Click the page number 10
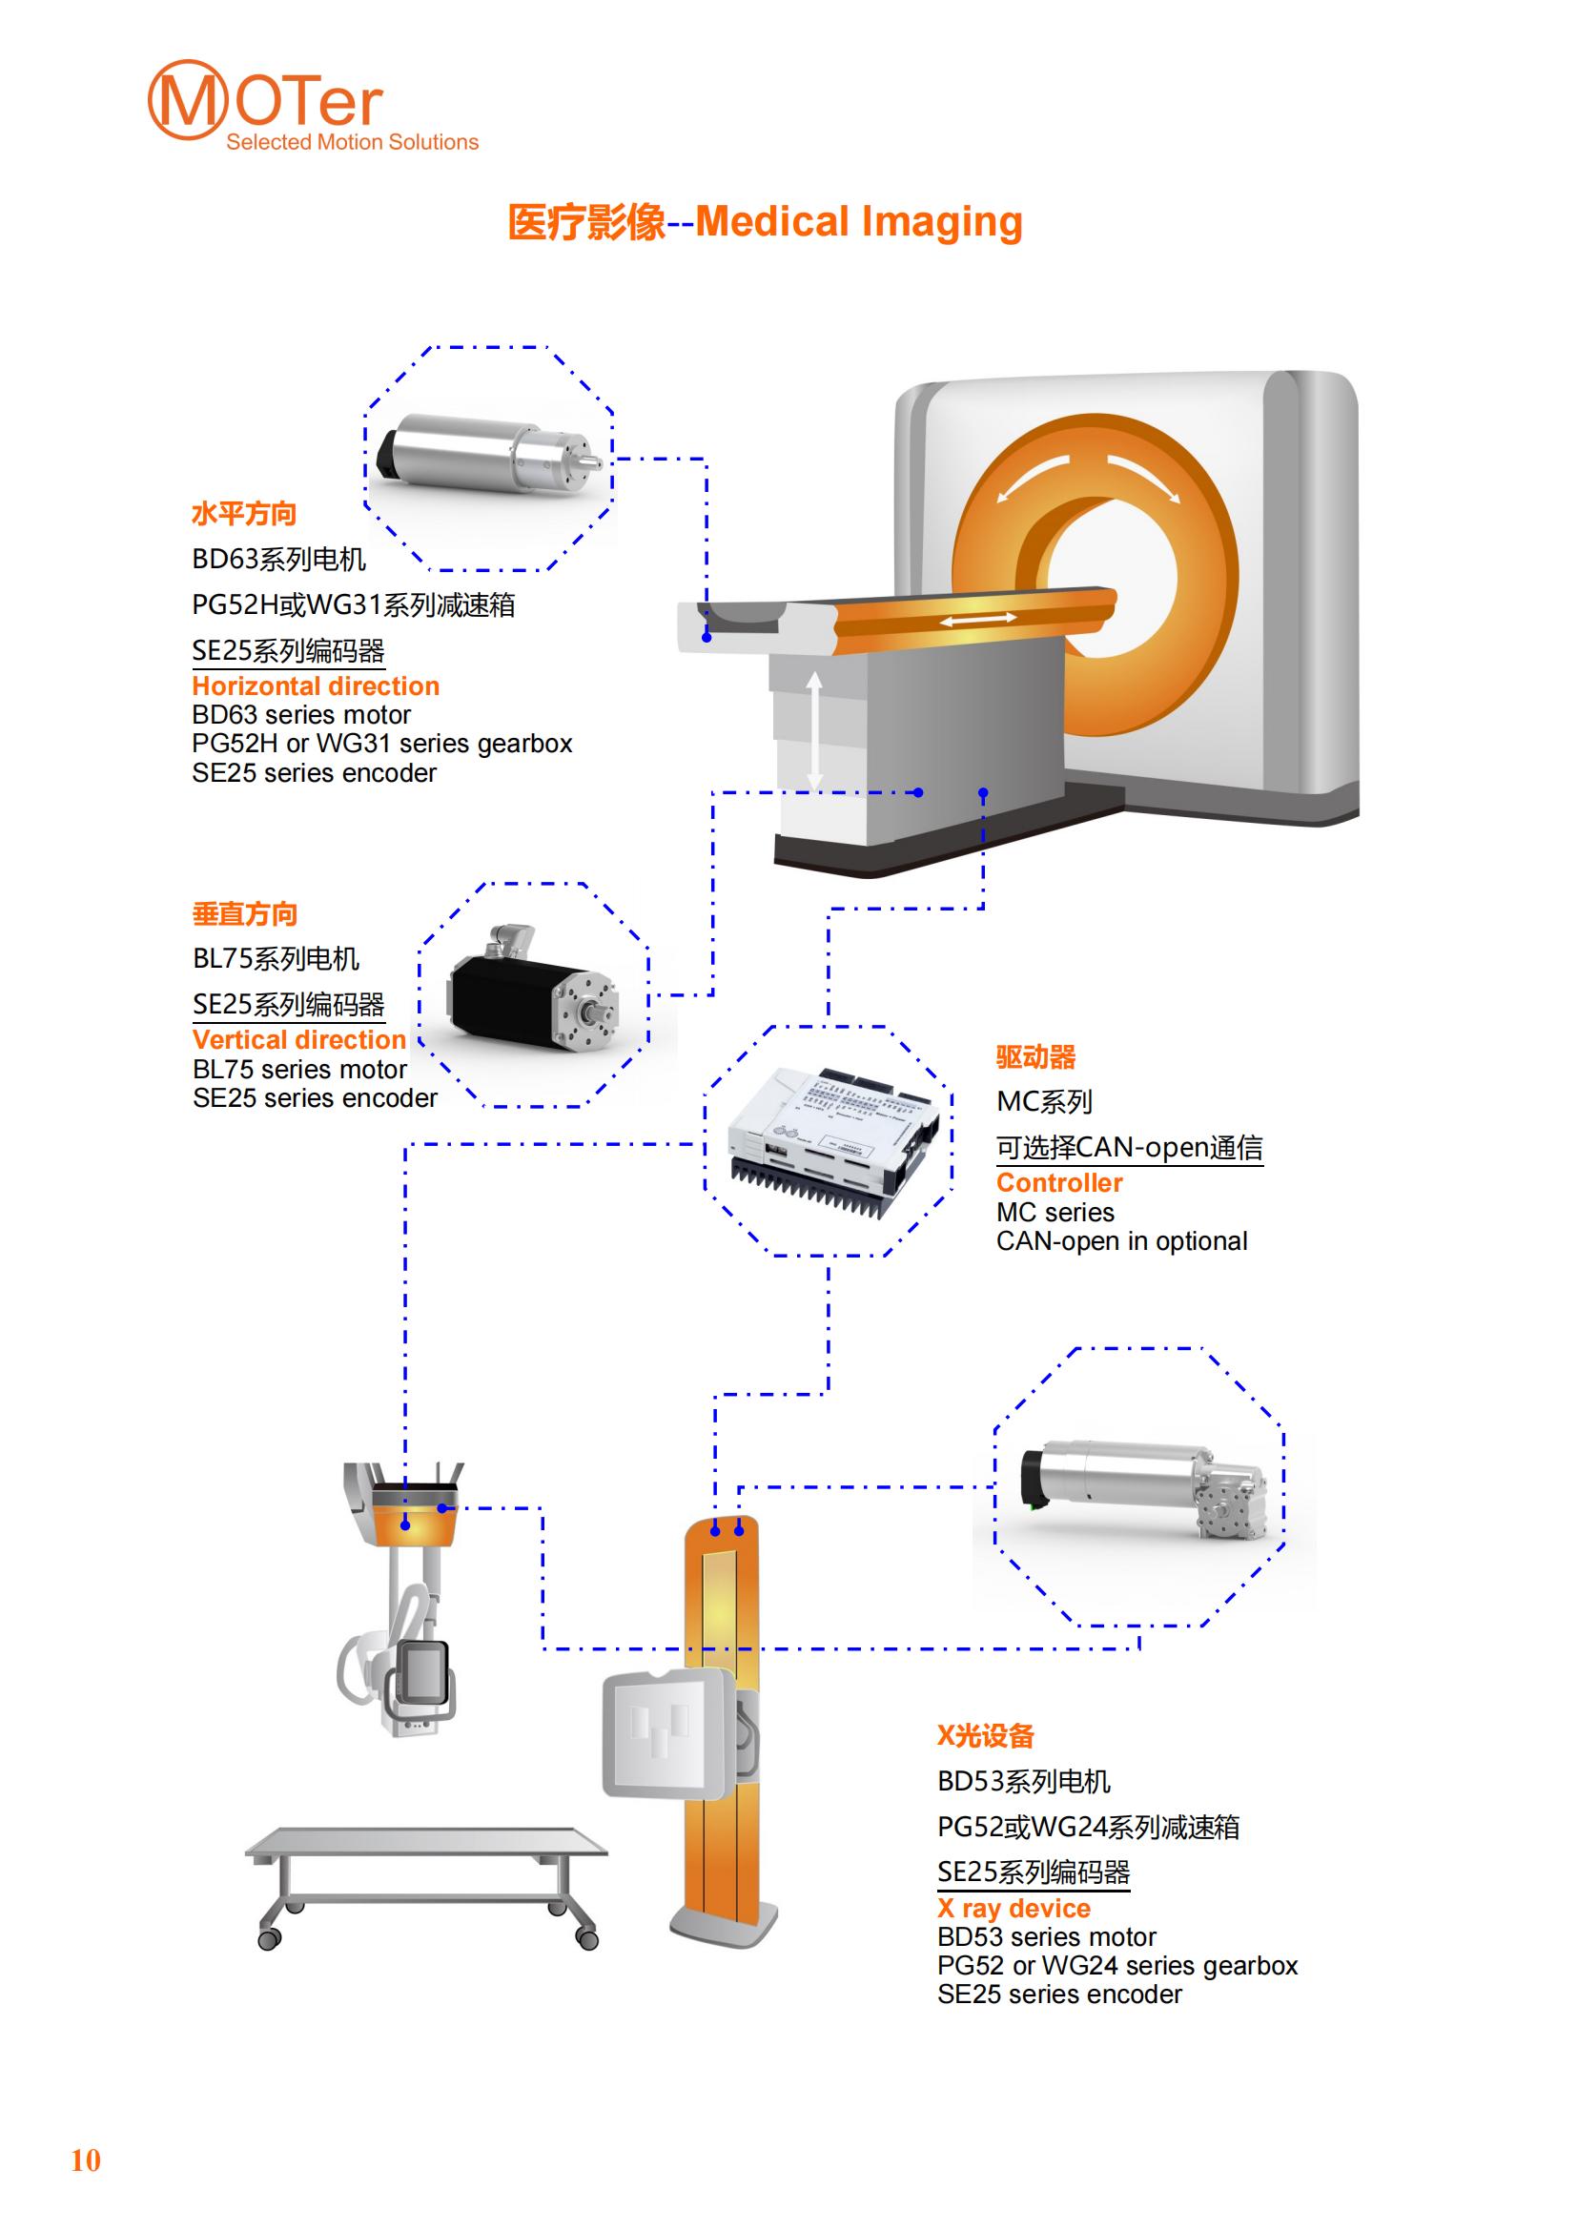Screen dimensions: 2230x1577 (x=86, y=2160)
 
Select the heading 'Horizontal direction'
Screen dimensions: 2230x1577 (x=316, y=685)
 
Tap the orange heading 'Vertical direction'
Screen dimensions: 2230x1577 (x=299, y=1039)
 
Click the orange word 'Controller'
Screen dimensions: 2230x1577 (x=1059, y=1182)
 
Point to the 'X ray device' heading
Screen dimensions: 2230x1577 (x=1014, y=1908)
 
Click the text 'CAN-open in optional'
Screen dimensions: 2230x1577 (x=1121, y=1240)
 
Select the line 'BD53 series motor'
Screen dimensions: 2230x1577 (x=1046, y=1936)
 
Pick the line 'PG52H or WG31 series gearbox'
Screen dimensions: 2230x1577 (x=381, y=743)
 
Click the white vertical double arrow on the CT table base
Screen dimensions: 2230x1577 (x=814, y=729)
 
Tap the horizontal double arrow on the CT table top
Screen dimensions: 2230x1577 (x=978, y=619)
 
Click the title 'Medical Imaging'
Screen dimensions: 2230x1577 (x=859, y=221)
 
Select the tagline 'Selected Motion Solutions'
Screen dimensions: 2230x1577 (x=353, y=142)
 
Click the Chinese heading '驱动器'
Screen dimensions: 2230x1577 (x=1035, y=1056)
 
